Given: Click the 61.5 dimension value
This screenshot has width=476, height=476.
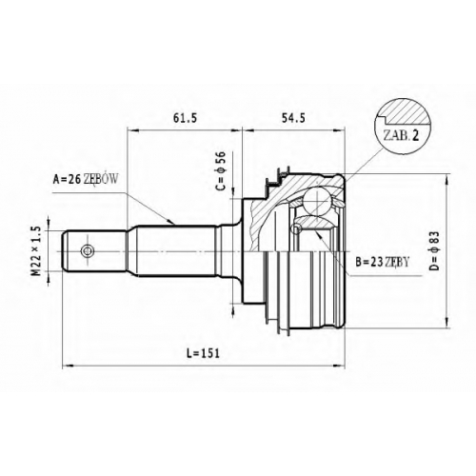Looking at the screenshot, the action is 185,118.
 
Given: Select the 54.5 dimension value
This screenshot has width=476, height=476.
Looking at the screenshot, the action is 293,118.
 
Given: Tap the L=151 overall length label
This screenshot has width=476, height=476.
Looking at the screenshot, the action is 203,353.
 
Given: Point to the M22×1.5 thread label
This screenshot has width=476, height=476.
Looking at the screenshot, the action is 37,250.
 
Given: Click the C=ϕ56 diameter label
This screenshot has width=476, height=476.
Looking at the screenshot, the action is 221,170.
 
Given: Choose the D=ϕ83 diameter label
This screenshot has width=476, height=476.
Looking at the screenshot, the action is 434,250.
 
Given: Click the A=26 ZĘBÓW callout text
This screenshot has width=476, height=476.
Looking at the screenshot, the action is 86,179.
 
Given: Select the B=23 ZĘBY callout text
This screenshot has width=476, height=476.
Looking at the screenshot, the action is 382,262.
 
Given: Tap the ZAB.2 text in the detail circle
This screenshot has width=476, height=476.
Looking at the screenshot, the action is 402,135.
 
